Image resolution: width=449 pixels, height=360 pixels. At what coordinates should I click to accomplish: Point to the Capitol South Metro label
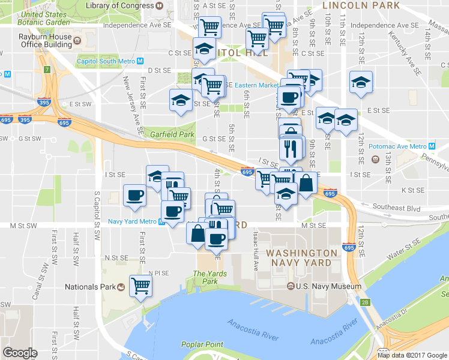click(106, 61)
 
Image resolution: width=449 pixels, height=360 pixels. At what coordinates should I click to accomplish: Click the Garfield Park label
click(172, 134)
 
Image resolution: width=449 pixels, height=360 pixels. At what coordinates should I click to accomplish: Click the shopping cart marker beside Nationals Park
click(140, 286)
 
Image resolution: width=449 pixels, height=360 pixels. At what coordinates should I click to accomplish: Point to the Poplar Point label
click(202, 344)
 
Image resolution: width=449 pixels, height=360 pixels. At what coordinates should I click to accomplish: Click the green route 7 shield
click(47, 68)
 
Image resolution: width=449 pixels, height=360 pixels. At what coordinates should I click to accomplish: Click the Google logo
click(20, 353)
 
